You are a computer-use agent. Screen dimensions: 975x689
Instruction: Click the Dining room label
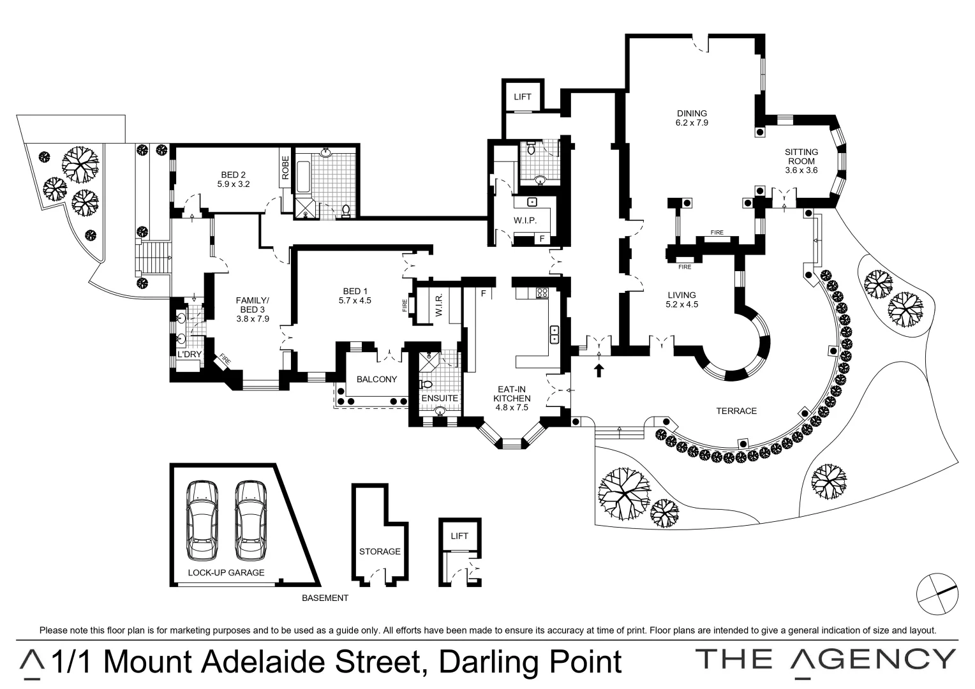pyautogui.click(x=692, y=114)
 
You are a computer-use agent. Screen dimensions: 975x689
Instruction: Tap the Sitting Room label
pyautogui.click(x=801, y=156)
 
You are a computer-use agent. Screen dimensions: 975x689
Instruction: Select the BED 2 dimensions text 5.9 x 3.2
pyautogui.click(x=234, y=184)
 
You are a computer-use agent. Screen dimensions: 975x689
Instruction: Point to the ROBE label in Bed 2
pyautogui.click(x=285, y=168)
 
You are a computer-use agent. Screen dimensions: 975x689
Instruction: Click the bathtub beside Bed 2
pyautogui.click(x=303, y=177)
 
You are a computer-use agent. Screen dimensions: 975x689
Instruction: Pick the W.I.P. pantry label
pyautogui.click(x=525, y=221)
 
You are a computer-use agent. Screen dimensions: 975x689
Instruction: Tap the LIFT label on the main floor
pyautogui.click(x=523, y=96)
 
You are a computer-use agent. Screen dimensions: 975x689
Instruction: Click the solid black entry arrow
pyautogui.click(x=599, y=371)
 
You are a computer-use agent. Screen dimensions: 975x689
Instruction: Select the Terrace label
pyautogui.click(x=736, y=411)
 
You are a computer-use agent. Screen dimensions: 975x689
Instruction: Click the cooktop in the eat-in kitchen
pyautogui.click(x=542, y=293)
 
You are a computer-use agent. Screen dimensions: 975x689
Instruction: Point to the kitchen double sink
pyautogui.click(x=554, y=334)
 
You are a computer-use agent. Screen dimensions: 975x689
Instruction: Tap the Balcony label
pyautogui.click(x=376, y=379)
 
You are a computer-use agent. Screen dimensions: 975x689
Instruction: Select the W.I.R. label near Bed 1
pyautogui.click(x=439, y=305)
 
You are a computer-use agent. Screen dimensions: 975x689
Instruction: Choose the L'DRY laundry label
pyautogui.click(x=190, y=354)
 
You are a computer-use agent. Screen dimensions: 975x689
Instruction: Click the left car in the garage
pyautogui.click(x=202, y=521)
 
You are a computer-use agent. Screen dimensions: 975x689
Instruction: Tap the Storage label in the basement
pyautogui.click(x=380, y=551)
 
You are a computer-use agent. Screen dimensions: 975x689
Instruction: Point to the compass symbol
pyautogui.click(x=937, y=594)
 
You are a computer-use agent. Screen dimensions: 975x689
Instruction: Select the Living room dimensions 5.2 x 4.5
pyautogui.click(x=681, y=305)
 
